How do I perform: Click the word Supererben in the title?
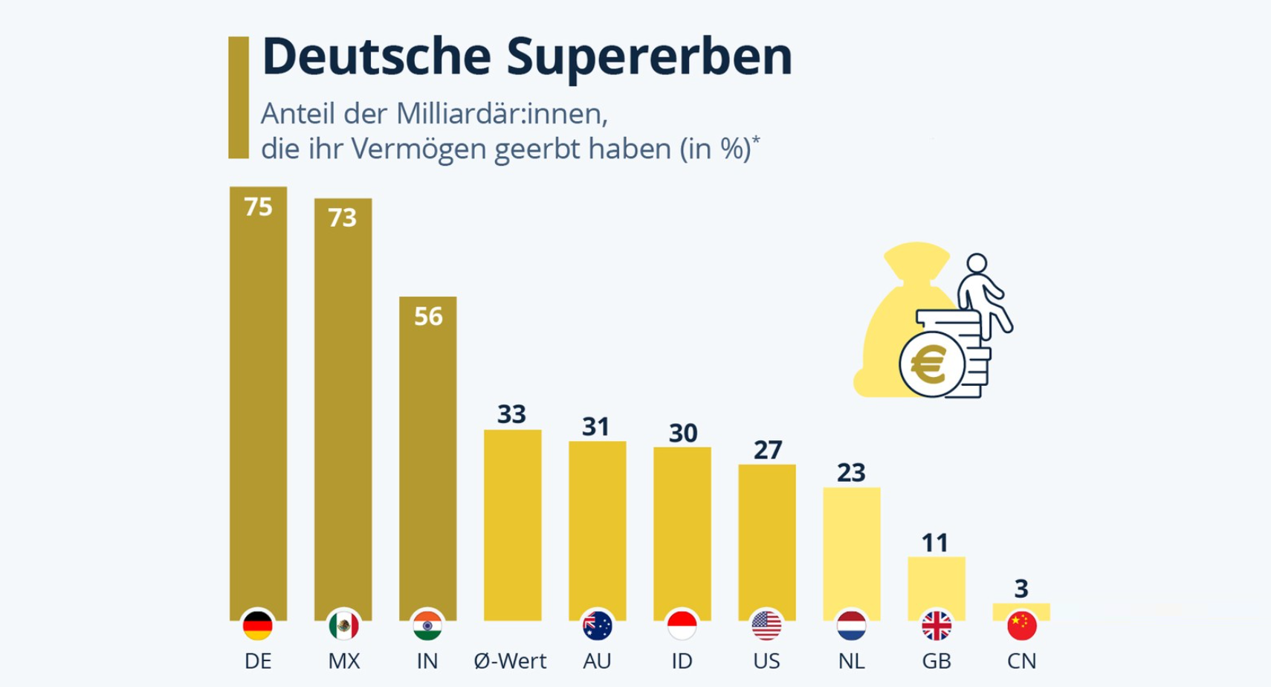click(x=650, y=57)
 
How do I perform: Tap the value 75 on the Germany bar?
click(x=258, y=207)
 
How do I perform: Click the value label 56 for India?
click(x=428, y=317)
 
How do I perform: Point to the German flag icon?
click(x=258, y=626)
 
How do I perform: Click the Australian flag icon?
click(x=597, y=626)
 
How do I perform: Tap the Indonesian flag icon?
click(x=682, y=626)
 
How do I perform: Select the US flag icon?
click(x=766, y=626)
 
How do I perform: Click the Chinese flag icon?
click(x=1021, y=626)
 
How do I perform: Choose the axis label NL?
click(x=851, y=661)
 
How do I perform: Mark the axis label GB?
click(x=936, y=661)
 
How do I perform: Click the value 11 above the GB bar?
click(x=935, y=543)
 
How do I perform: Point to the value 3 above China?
click(x=1021, y=589)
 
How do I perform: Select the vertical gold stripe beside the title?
click(x=239, y=97)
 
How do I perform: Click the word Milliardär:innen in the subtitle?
click(x=502, y=114)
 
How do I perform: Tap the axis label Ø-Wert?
click(x=510, y=661)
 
